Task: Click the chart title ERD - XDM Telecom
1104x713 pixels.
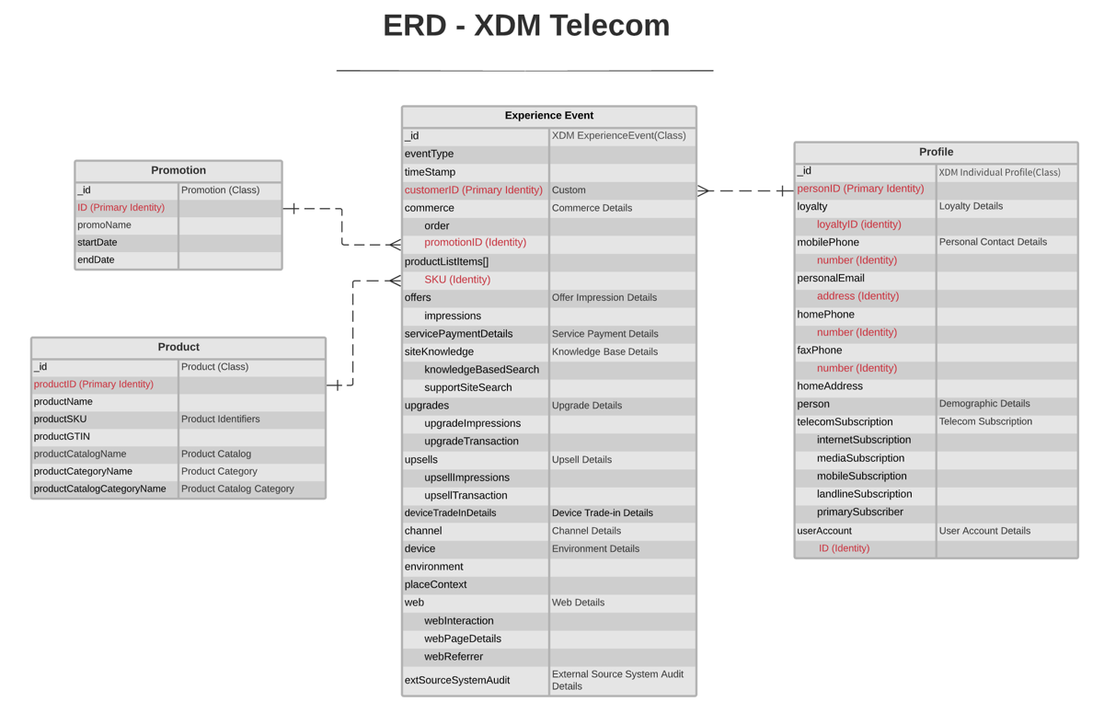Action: tap(526, 26)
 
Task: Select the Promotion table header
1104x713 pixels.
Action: tap(178, 170)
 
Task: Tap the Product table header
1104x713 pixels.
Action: tap(178, 347)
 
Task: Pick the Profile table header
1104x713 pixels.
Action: tap(936, 152)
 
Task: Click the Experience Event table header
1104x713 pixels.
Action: tap(548, 116)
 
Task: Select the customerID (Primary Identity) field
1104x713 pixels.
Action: tap(473, 190)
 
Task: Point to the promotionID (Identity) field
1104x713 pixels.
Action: tap(475, 243)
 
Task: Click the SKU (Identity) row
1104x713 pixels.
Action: tap(457, 280)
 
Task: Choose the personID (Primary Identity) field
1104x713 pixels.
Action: tap(860, 189)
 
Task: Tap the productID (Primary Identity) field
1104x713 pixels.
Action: tap(94, 385)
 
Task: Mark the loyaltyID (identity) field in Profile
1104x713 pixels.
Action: tap(858, 224)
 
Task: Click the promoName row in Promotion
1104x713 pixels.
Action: tap(104, 225)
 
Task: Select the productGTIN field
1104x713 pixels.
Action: tap(62, 437)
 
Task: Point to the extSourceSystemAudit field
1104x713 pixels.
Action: tap(457, 681)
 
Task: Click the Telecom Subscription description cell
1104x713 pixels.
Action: tap(985, 422)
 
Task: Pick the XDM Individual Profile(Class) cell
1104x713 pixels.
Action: tap(999, 172)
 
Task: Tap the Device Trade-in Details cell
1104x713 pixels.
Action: tap(602, 513)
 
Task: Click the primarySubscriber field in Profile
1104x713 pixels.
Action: tap(859, 512)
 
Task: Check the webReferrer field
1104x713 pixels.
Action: tap(454, 657)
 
